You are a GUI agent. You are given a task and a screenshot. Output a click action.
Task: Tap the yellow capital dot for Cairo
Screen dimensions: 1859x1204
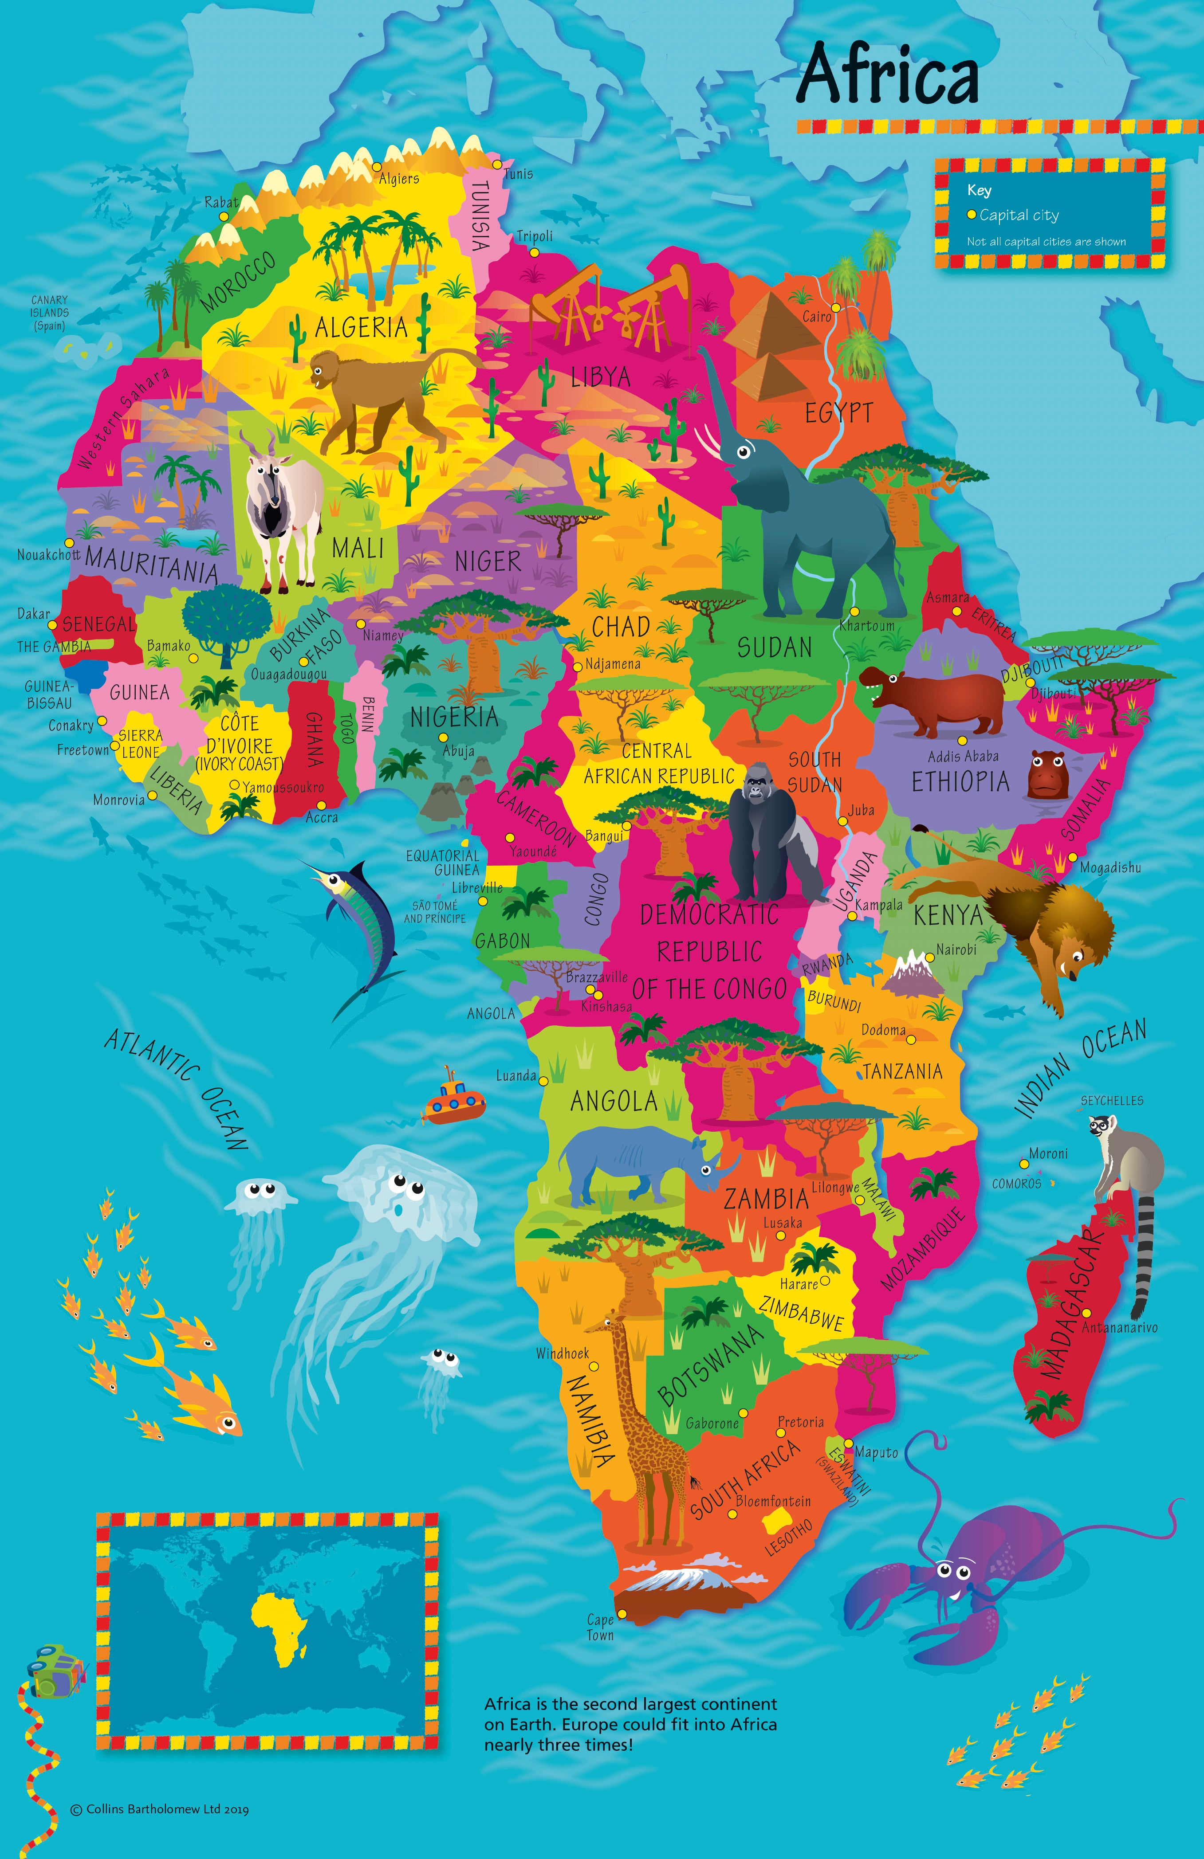[x=835, y=308]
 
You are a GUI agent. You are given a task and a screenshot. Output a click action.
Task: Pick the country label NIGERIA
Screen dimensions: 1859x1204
[x=454, y=716]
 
